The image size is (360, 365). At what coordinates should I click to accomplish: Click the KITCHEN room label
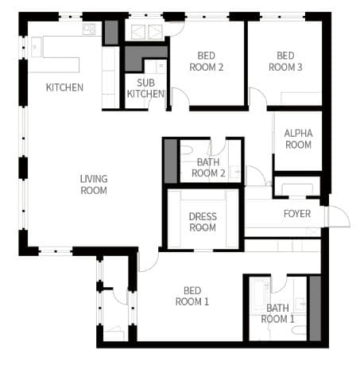coord(64,87)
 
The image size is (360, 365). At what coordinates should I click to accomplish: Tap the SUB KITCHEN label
coord(145,88)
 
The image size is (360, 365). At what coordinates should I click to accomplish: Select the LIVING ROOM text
coord(94,184)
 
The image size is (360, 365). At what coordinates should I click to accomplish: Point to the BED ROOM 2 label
coord(207,61)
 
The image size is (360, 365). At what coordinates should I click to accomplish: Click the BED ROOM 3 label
coord(285,61)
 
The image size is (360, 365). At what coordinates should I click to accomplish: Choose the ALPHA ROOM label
coord(298,139)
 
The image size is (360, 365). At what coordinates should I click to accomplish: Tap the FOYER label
coord(297,214)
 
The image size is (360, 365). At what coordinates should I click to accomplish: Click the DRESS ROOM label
coord(203,222)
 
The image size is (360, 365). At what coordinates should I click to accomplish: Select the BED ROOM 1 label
coord(192,296)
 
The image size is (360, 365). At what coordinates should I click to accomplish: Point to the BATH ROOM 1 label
coord(277,313)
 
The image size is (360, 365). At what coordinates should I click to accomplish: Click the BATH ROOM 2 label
coord(208,168)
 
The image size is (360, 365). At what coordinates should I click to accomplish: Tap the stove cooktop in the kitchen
coord(89,29)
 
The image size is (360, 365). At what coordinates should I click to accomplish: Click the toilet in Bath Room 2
coord(186,150)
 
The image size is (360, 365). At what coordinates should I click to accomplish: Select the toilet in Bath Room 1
coord(299,330)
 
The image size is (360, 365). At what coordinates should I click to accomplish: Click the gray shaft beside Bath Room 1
coord(315,309)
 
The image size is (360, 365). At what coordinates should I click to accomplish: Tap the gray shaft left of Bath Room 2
coord(171,161)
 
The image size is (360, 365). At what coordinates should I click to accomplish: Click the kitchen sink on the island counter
coord(37,47)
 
